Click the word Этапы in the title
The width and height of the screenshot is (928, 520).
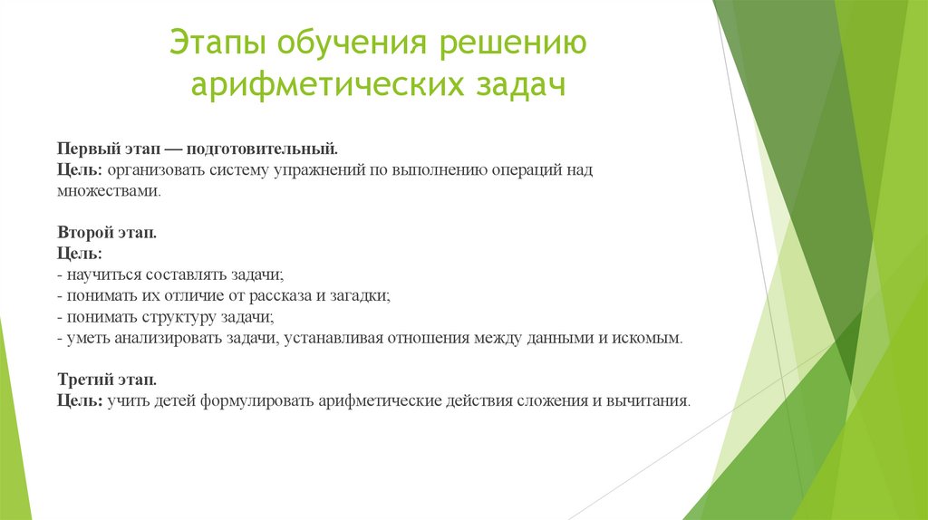pyautogui.click(x=219, y=44)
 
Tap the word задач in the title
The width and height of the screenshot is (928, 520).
pyautogui.click(x=514, y=87)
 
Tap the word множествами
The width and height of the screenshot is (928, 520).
pyautogui.click(x=109, y=191)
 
